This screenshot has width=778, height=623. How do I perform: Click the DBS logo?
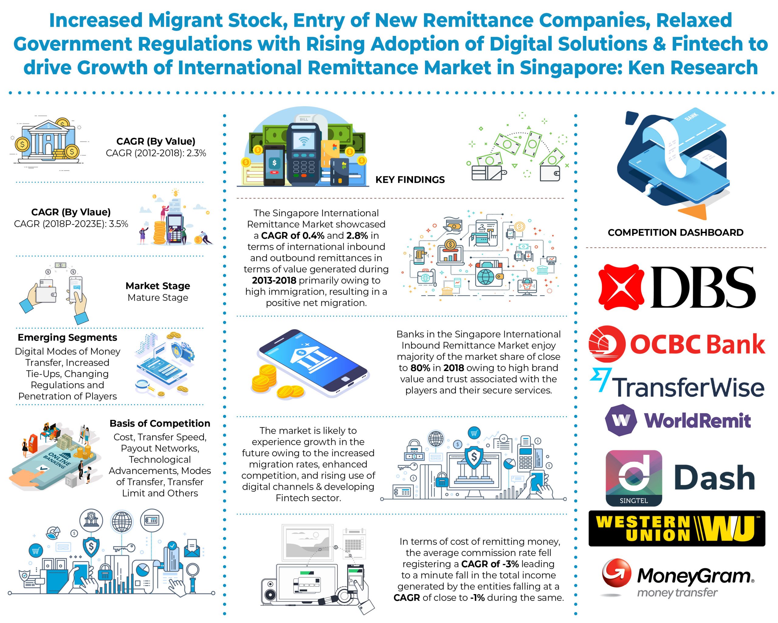tap(676, 287)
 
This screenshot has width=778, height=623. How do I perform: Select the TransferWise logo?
tap(676, 383)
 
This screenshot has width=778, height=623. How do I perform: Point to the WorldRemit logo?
tap(678, 420)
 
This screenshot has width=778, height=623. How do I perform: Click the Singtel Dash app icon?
tap(634, 478)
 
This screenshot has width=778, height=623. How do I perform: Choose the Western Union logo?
tap(676, 528)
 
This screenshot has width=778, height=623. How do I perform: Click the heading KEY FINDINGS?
tap(410, 180)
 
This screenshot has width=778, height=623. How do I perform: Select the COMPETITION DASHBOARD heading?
tap(676, 233)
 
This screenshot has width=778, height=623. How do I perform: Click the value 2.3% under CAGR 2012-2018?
tap(196, 153)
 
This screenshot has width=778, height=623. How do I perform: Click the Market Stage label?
tap(158, 286)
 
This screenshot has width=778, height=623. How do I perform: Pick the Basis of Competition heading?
tap(160, 423)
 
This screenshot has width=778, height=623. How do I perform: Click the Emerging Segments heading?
tap(67, 337)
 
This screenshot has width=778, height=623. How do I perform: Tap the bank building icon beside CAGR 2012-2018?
tap(48, 142)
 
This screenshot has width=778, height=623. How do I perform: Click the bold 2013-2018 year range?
tap(274, 280)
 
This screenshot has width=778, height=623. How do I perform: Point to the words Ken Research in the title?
tap(693, 68)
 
